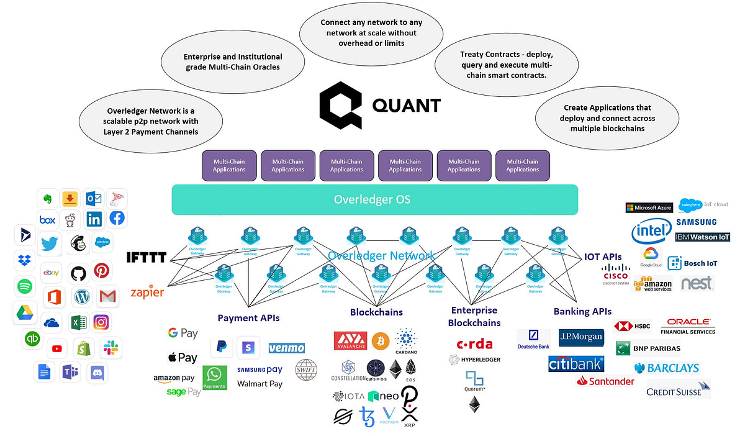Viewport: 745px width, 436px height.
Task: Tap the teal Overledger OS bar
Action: pyautogui.click(x=374, y=200)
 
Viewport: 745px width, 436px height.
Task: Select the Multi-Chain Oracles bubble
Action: pyautogui.click(x=233, y=61)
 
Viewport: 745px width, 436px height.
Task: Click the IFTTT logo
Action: pyautogui.click(x=147, y=257)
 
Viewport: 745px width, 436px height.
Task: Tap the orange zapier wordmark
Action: pyautogui.click(x=147, y=293)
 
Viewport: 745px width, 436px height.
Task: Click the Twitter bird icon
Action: pyautogui.click(x=49, y=243)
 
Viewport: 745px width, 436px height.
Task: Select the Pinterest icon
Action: pyautogui.click(x=102, y=271)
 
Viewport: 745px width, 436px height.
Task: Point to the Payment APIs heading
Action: pyautogui.click(x=248, y=318)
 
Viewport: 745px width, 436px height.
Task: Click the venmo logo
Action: pyautogui.click(x=286, y=348)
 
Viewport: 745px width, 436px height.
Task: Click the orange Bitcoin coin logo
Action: pyautogui.click(x=381, y=340)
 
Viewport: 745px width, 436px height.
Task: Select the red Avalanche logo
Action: pyautogui.click(x=350, y=340)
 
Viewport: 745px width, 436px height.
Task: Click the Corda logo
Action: pyautogui.click(x=474, y=344)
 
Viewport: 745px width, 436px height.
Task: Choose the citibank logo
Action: pyautogui.click(x=575, y=363)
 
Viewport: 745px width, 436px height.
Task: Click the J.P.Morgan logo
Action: pyautogui.click(x=580, y=337)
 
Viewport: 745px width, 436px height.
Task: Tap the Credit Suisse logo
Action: pyautogui.click(x=677, y=390)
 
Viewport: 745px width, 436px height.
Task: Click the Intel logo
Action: pyautogui.click(x=651, y=232)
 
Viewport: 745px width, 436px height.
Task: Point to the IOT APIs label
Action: pyautogui.click(x=603, y=256)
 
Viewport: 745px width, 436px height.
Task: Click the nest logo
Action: pyautogui.click(x=697, y=283)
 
